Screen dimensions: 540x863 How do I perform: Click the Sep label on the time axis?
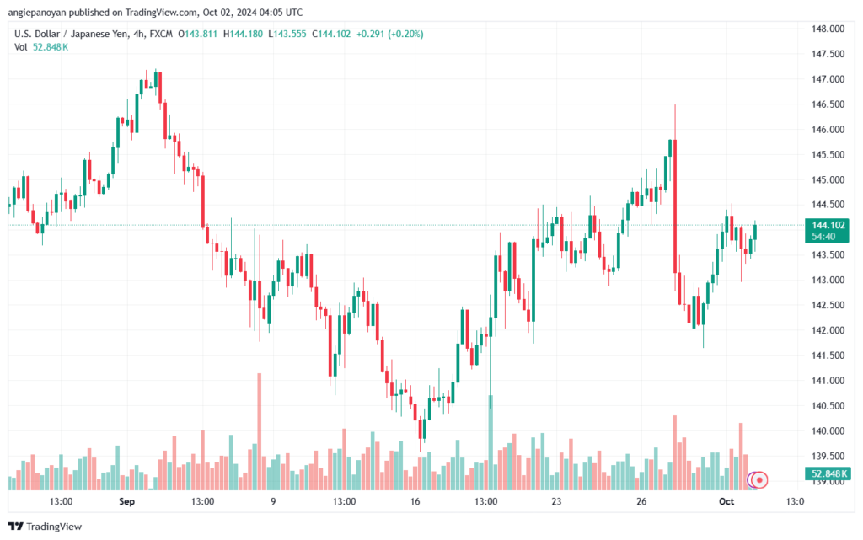point(127,501)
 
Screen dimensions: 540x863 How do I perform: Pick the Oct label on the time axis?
point(726,501)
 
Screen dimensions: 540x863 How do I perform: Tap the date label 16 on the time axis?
point(415,501)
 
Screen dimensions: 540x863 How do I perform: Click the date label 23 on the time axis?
point(556,501)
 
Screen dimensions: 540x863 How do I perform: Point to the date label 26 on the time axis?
point(641,501)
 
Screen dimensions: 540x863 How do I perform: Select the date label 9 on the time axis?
point(273,501)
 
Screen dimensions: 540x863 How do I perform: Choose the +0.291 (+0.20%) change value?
point(389,34)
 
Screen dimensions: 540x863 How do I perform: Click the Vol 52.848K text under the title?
point(41,47)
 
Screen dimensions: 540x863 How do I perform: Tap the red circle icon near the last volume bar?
point(760,479)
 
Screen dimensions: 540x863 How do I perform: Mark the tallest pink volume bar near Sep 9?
point(260,430)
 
